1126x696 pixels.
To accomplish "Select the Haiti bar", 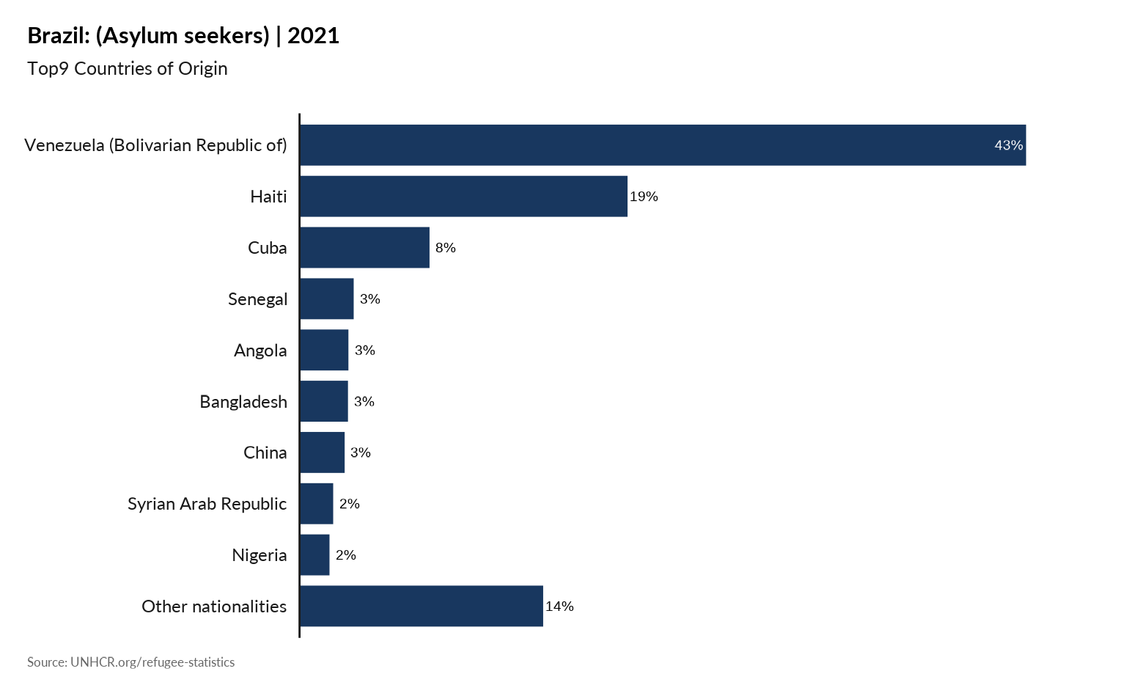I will point(464,196).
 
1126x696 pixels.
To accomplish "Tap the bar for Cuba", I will point(364,247).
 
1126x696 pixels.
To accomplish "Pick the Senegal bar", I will point(327,298).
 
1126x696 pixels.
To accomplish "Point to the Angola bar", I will point(325,350).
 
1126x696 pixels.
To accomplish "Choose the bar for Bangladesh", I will point(324,401).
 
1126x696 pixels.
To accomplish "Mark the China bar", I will point(323,453).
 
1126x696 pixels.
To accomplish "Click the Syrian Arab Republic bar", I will point(317,503).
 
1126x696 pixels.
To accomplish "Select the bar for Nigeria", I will point(315,554).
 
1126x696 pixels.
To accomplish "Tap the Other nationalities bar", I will point(422,606).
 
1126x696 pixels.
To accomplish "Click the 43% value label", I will point(1008,145).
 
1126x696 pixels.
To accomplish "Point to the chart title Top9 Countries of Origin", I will point(128,68).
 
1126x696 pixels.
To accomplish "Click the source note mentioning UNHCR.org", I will point(131,662).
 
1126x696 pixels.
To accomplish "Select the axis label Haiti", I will point(268,197).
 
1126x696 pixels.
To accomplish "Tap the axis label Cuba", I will point(267,248).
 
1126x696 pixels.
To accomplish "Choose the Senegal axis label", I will point(257,299).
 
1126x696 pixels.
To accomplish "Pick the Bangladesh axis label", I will point(243,402).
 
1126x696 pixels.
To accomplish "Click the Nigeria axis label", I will point(259,555).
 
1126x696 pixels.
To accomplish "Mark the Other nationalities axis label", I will point(214,607).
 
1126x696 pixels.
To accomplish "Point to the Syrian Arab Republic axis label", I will point(207,504).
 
